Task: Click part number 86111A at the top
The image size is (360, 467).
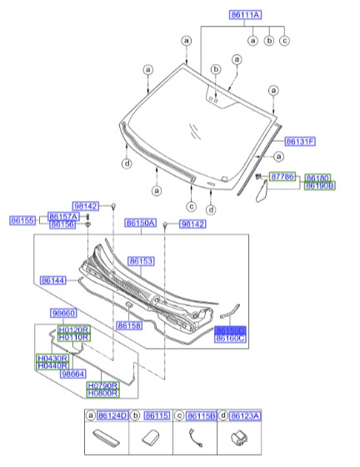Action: pyautogui.click(x=245, y=15)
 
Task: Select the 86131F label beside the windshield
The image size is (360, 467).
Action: pyautogui.click(x=299, y=142)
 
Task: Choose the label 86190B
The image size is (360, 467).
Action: pyautogui.click(x=319, y=186)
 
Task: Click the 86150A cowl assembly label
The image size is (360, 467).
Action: pyautogui.click(x=141, y=223)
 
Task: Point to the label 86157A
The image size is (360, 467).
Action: pyautogui.click(x=63, y=215)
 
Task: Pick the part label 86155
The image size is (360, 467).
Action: pyautogui.click(x=22, y=220)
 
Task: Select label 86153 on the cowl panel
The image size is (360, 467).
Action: pyautogui.click(x=140, y=262)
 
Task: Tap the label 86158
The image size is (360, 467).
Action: pyautogui.click(x=129, y=325)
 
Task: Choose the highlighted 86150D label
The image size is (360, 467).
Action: pyautogui.click(x=230, y=330)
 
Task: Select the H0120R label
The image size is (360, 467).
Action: pyautogui.click(x=73, y=330)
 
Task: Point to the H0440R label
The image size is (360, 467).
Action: pyautogui.click(x=52, y=366)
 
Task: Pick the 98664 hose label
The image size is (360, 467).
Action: pyautogui.click(x=73, y=374)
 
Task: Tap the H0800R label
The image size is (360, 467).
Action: pyautogui.click(x=102, y=393)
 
